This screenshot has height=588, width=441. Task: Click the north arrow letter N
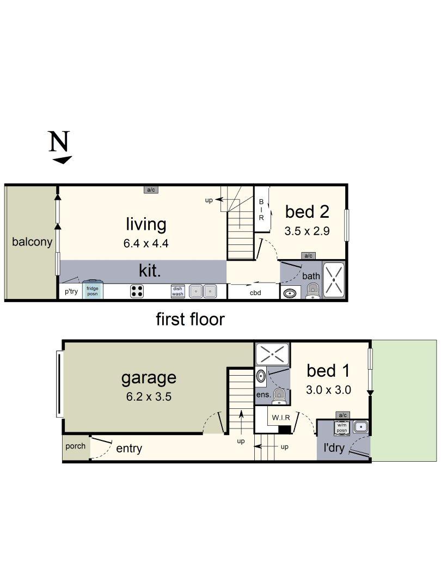tap(59, 141)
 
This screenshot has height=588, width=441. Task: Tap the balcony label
tap(32, 242)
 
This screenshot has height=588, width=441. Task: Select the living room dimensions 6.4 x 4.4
tap(146, 243)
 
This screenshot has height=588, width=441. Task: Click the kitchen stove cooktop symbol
tap(137, 291)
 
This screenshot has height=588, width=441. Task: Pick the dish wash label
tap(177, 291)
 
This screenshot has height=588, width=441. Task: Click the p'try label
tap(71, 291)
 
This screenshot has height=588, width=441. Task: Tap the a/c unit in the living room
tap(151, 190)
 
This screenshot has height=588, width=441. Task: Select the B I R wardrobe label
tap(261, 210)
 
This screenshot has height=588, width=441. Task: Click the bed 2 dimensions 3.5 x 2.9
tap(307, 231)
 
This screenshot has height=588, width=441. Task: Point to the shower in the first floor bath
tap(333, 280)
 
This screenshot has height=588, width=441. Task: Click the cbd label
tap(255, 293)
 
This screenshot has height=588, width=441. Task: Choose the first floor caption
tap(190, 320)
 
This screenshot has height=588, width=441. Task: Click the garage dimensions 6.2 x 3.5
tap(149, 397)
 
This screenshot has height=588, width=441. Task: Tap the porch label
tap(75, 446)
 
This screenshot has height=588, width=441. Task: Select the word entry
tap(129, 449)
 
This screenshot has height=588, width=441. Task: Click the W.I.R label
tap(281, 418)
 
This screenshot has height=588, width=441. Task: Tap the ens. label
tap(264, 395)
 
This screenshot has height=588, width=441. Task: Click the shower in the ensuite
tap(272, 353)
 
